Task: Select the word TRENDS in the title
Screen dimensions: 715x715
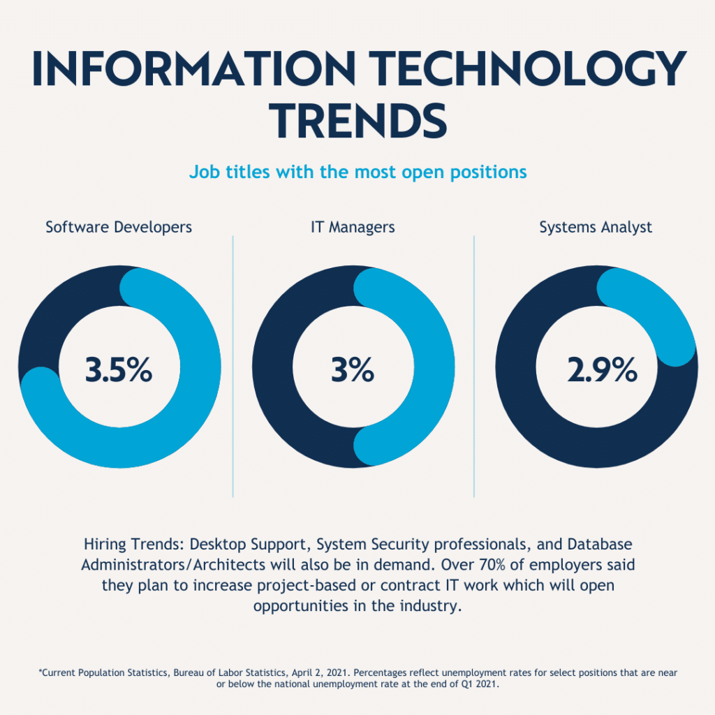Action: click(357, 120)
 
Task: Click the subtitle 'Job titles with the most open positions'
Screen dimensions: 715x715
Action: click(357, 172)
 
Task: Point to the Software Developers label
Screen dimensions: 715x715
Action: click(119, 227)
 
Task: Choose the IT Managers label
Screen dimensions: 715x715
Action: click(353, 227)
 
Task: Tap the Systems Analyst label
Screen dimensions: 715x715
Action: click(596, 227)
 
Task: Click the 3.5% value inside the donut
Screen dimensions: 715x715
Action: click(119, 370)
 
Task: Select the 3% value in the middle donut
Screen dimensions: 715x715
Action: click(353, 370)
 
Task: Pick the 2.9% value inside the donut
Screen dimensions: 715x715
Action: click(602, 370)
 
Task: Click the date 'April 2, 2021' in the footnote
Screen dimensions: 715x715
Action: click(308, 672)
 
